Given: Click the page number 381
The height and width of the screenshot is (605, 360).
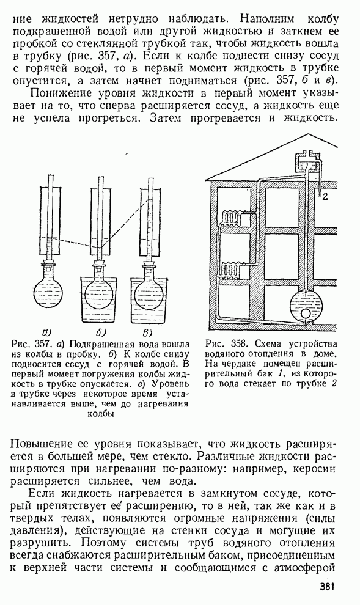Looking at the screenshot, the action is click(x=327, y=587).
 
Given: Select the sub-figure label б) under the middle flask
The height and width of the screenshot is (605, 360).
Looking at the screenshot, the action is click(x=100, y=331).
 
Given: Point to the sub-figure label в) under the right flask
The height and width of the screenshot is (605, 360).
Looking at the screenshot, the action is click(x=148, y=331).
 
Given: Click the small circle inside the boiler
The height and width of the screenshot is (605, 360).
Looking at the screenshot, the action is click(x=306, y=314).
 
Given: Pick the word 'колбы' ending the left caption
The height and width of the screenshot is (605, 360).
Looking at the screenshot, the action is click(x=101, y=414).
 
